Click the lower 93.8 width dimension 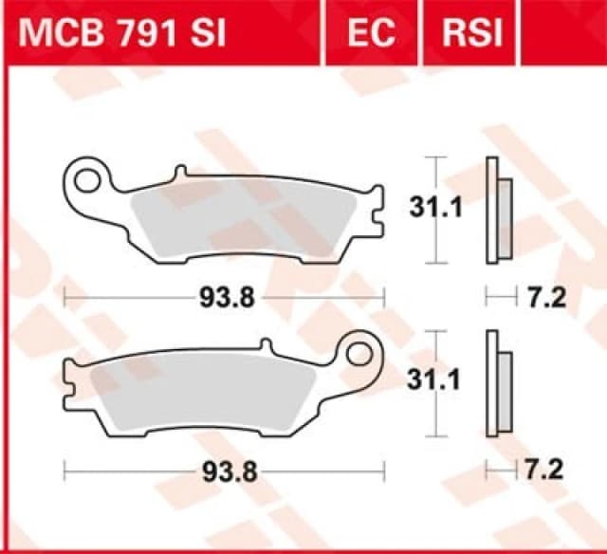pyautogui.click(x=226, y=469)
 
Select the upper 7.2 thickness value pyautogui.click(x=546, y=298)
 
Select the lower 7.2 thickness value pyautogui.click(x=546, y=469)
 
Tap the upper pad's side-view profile pyautogui.click(x=497, y=211)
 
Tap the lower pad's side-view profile pyautogui.click(x=497, y=384)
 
